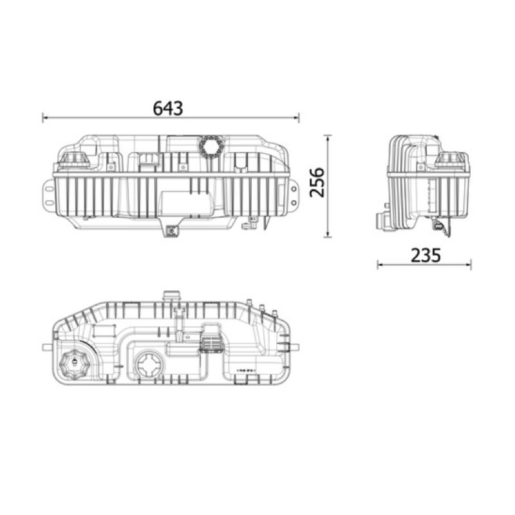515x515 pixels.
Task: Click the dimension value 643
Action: pos(168,108)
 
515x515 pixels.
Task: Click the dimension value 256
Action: pos(317,182)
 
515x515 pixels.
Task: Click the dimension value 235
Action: pos(426,256)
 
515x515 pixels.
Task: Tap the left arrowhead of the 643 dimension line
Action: pos(45,117)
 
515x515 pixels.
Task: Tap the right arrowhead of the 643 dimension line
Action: pos(296,117)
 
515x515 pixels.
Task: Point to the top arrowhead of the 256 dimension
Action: pos(328,138)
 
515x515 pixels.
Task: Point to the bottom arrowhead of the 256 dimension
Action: pos(328,234)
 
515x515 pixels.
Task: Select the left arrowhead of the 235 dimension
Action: pos(380,265)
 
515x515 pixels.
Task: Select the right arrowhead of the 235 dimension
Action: pos(468,265)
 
